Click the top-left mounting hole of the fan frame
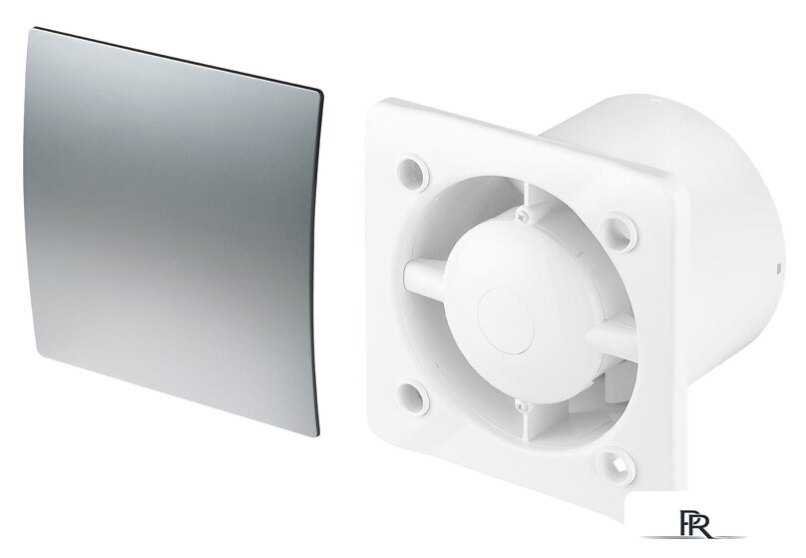[413, 172]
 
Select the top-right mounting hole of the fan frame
[618, 232]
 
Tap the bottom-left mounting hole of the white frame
[413, 397]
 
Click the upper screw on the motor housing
[523, 216]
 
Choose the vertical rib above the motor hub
[528, 200]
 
